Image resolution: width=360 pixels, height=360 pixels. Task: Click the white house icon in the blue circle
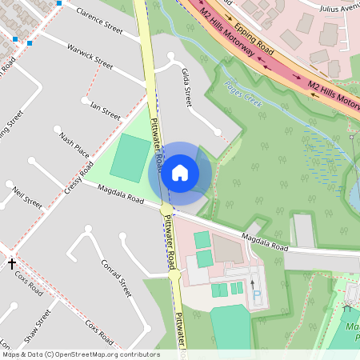pos(180,173)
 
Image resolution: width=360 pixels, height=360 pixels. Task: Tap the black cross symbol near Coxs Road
pos(12,262)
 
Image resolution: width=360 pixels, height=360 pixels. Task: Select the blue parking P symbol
pos(257,294)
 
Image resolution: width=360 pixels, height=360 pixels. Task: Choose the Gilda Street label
pos(187,87)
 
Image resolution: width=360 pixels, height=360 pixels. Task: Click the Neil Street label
pos(27,198)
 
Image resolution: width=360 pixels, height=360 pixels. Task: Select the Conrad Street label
pos(116,277)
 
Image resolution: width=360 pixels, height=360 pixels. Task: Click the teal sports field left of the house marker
pos(128,158)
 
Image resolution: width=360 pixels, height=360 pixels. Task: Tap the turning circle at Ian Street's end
pos(85,101)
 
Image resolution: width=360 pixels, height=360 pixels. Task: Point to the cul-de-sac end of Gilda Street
pos(217,132)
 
